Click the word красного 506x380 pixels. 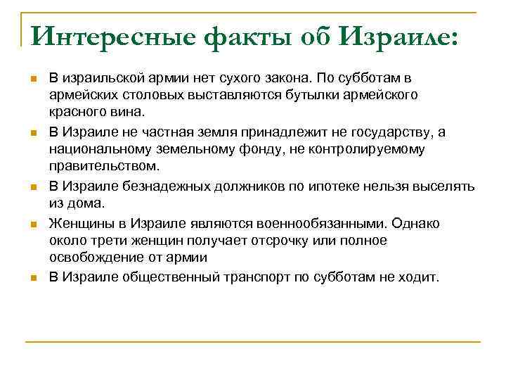click(79, 113)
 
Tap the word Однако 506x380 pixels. click(417, 222)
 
